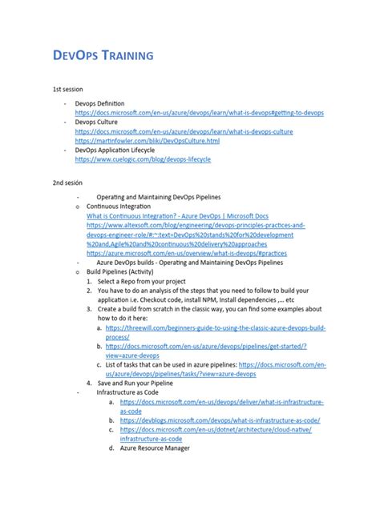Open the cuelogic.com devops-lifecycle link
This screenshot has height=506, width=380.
tap(143, 159)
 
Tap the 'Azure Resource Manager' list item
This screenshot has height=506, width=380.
tap(156, 448)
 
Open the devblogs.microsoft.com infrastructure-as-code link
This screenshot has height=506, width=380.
tap(220, 420)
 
